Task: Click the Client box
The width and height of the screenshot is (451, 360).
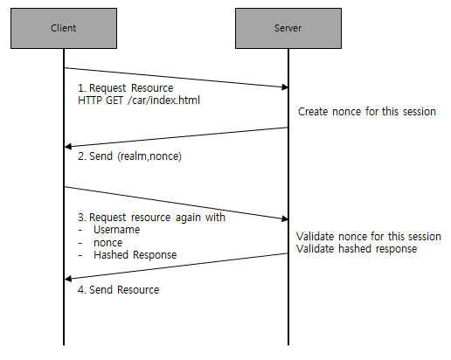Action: pyautogui.click(x=64, y=28)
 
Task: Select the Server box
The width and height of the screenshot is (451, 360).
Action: pyautogui.click(x=288, y=28)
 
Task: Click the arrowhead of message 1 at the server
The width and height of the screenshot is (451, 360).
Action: pyautogui.click(x=285, y=87)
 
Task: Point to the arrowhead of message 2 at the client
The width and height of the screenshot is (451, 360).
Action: pyautogui.click(x=68, y=146)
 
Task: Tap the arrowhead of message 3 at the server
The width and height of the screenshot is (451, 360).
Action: pyautogui.click(x=285, y=218)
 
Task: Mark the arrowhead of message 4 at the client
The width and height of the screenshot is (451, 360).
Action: pyautogui.click(x=68, y=279)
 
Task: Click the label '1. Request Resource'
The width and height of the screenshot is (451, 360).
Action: pyautogui.click(x=126, y=88)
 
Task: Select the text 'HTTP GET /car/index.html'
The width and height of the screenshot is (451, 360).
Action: pyautogui.click(x=139, y=100)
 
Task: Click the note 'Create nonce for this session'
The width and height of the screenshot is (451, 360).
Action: pyautogui.click(x=367, y=112)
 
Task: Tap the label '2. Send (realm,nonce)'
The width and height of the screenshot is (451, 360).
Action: pyautogui.click(x=129, y=156)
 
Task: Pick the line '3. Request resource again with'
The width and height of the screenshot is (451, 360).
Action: pyautogui.click(x=151, y=218)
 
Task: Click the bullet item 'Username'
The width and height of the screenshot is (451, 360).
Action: pyautogui.click(x=116, y=230)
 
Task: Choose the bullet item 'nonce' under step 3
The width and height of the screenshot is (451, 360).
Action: pyautogui.click(x=108, y=243)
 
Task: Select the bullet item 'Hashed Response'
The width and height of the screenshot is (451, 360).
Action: pyautogui.click(x=135, y=255)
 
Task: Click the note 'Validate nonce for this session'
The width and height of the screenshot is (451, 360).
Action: pyautogui.click(x=369, y=237)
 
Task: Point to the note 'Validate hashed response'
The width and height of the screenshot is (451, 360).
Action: pyautogui.click(x=357, y=249)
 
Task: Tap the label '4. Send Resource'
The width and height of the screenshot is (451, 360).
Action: pyautogui.click(x=119, y=290)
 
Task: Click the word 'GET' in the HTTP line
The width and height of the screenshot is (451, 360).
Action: pyautogui.click(x=114, y=100)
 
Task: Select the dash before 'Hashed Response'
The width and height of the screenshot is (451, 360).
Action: pyautogui.click(x=80, y=256)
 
